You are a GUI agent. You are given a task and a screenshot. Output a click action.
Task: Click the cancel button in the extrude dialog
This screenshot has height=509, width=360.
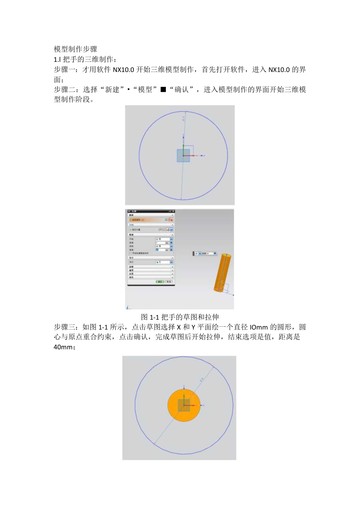pyautogui.click(x=169, y=281)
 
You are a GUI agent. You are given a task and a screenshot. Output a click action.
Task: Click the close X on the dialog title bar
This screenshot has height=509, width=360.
pyautogui.click(x=173, y=211)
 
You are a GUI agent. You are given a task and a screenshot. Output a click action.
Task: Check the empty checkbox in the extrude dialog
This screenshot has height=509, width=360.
pyautogui.click(x=131, y=253)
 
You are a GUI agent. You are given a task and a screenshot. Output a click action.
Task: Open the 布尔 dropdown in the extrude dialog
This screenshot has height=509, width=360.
pyautogui.click(x=171, y=262)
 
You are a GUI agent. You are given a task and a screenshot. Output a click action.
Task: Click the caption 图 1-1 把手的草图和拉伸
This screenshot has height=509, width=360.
pyautogui.click(x=180, y=317)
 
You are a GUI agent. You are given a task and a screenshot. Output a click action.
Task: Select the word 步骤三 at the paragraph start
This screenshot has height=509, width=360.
pyautogui.click(x=64, y=327)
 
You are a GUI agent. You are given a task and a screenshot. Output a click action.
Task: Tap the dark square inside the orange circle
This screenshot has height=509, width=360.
pyautogui.click(x=184, y=405)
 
